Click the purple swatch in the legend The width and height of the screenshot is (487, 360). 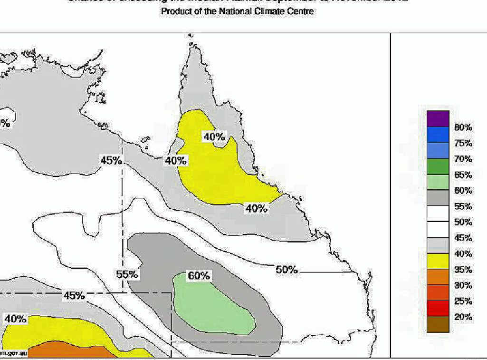[438, 119]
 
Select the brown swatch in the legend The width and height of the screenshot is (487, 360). [438, 324]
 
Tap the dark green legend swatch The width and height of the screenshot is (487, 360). [438, 166]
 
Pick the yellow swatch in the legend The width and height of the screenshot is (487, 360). [438, 261]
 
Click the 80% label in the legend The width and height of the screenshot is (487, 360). [463, 127]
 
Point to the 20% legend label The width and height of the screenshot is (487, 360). [463, 317]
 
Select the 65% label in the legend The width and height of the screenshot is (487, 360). [463, 175]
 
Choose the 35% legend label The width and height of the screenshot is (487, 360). [463, 270]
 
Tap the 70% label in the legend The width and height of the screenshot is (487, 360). [463, 159]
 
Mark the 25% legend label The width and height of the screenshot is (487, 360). [463, 301]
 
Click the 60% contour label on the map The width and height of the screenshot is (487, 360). [199, 276]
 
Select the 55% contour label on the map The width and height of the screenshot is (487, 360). [127, 274]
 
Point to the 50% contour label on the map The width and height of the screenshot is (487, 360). [286, 270]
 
